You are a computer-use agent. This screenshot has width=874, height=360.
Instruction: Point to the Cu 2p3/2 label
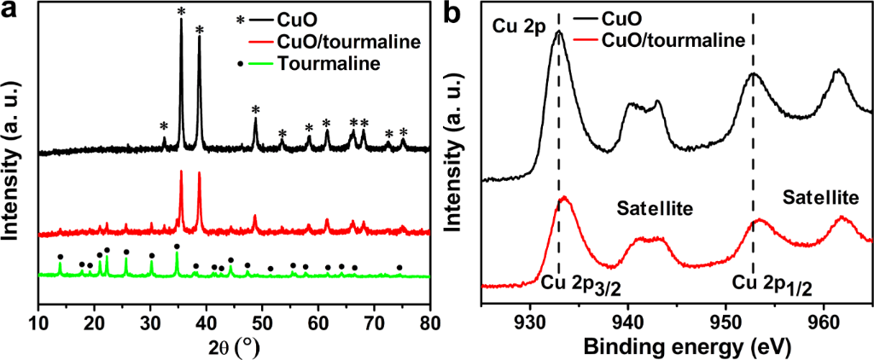[580, 282]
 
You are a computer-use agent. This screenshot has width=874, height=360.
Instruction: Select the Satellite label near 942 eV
[651, 207]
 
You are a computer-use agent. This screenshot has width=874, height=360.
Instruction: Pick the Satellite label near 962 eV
[819, 198]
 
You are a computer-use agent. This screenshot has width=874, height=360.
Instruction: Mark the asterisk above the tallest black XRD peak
[181, 10]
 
